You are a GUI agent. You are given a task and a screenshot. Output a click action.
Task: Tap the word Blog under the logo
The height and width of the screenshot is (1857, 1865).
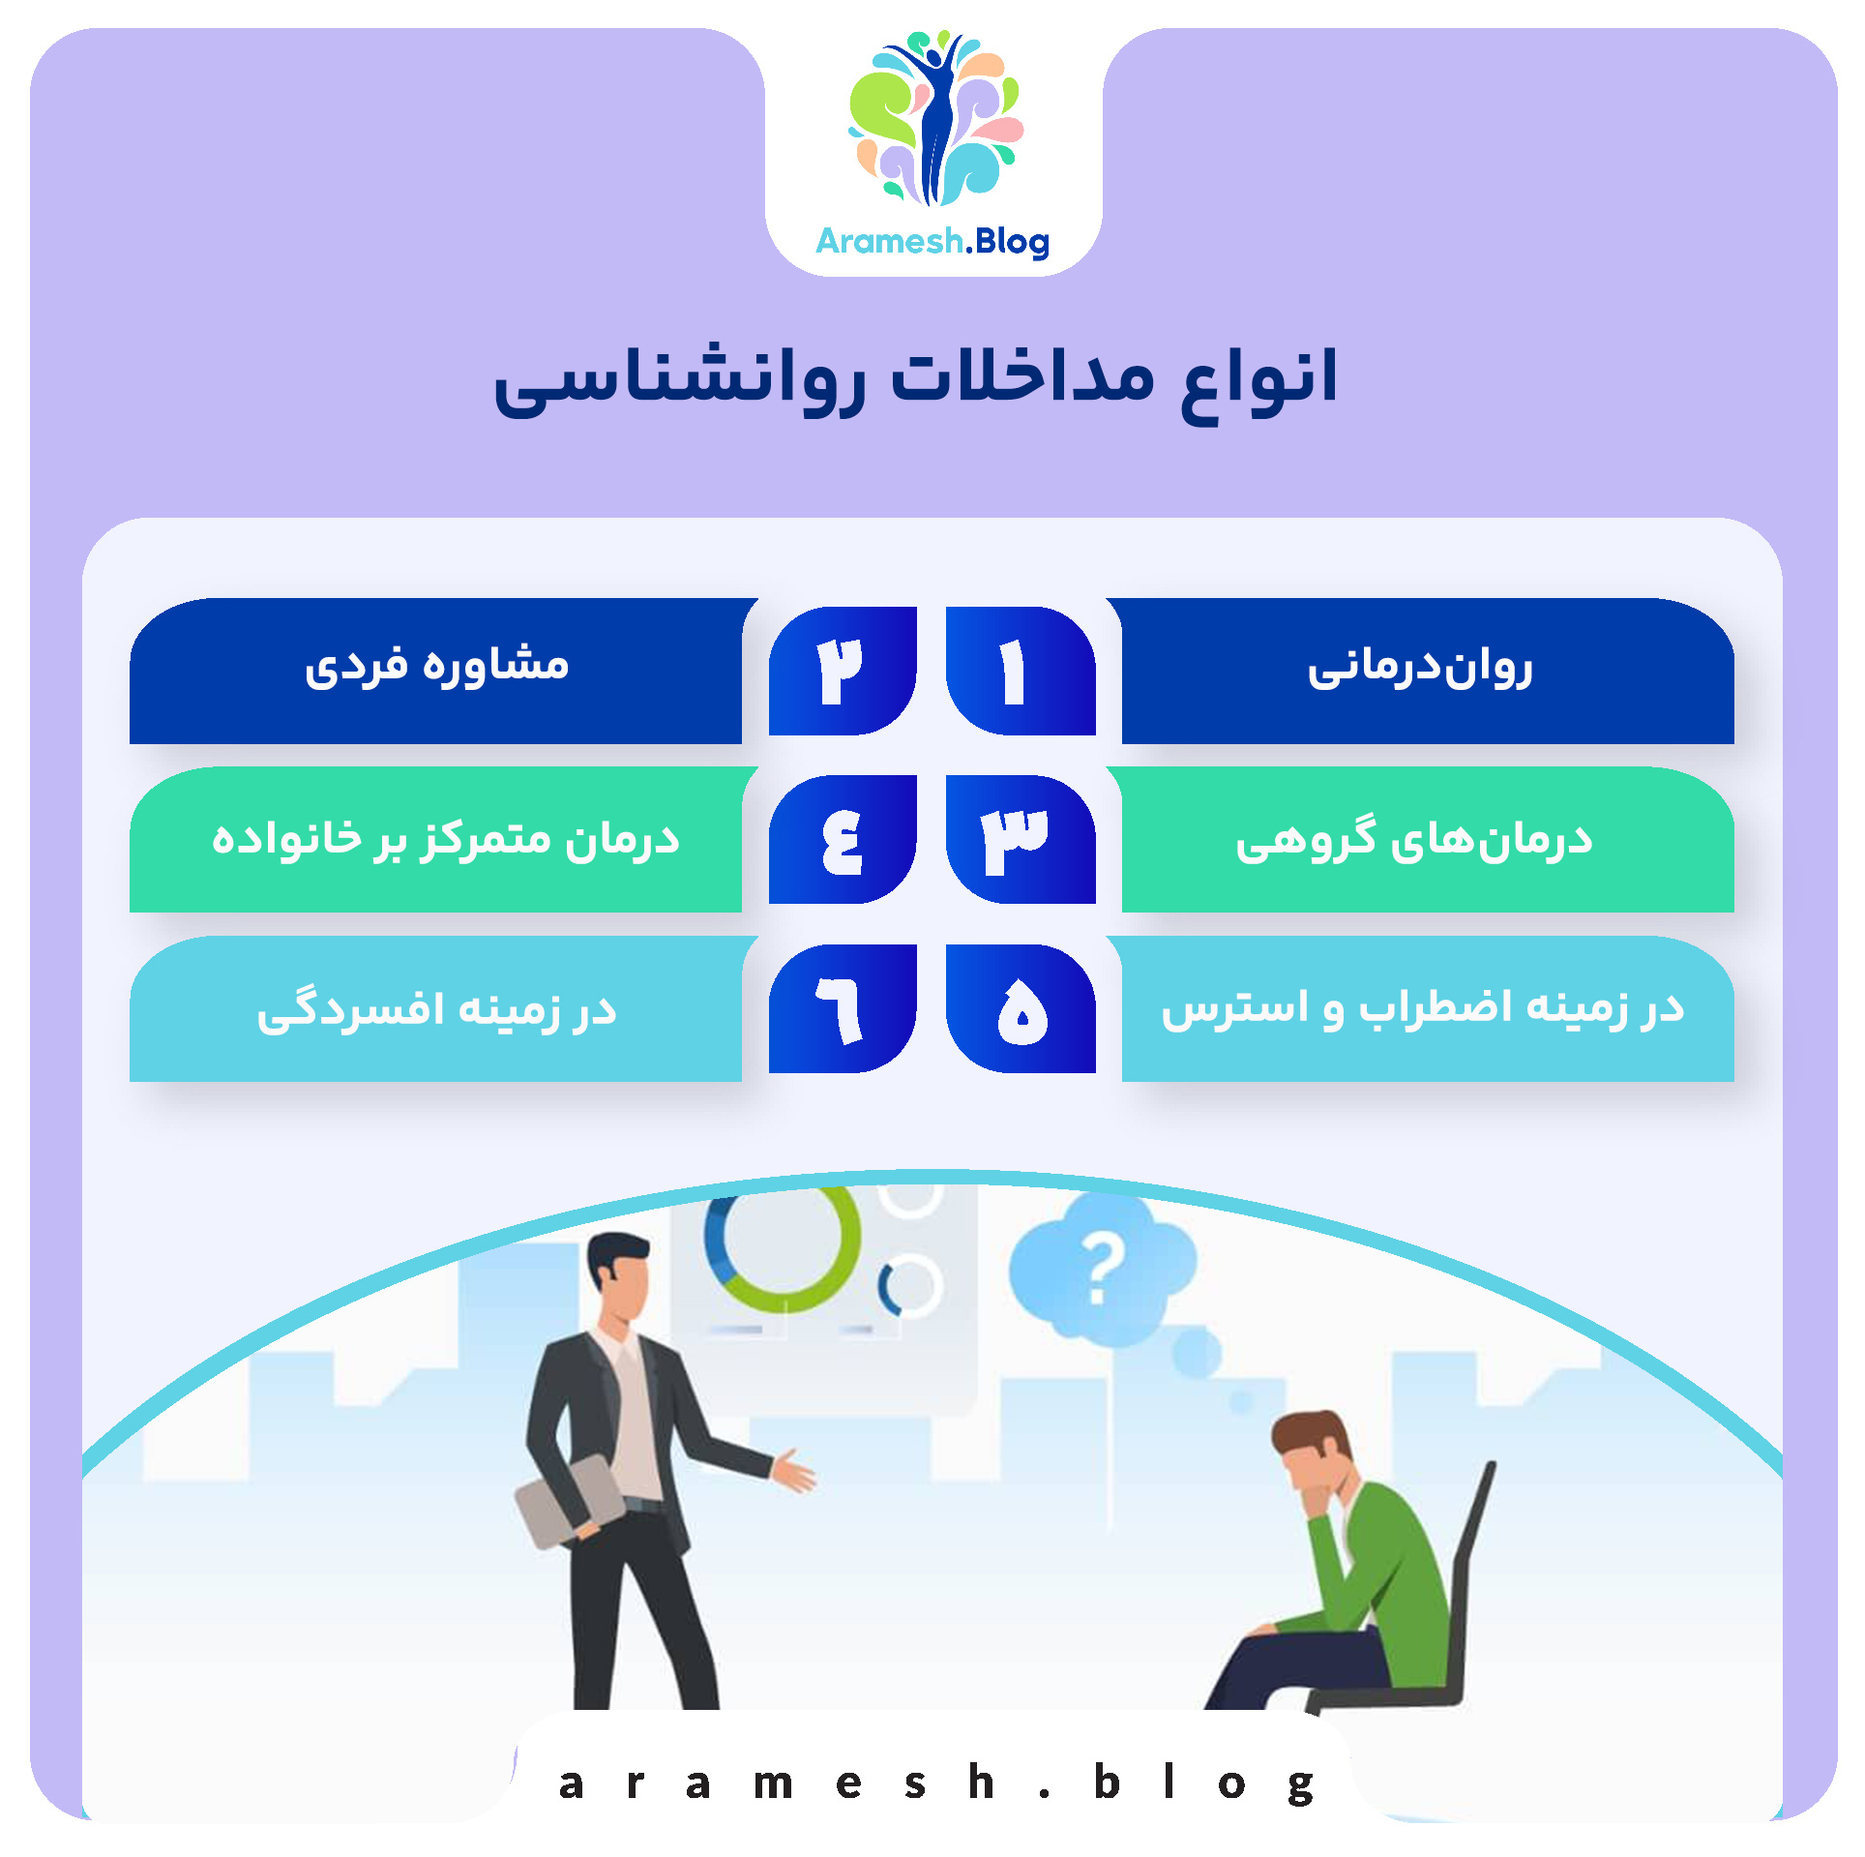[x=1012, y=242]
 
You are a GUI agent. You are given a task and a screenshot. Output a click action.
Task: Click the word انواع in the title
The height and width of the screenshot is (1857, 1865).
[x=1259, y=379]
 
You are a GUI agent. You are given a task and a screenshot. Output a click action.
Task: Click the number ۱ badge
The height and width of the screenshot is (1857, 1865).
[x=1019, y=671]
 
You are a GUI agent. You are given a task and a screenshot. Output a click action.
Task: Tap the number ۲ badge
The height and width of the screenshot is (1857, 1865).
[x=842, y=671]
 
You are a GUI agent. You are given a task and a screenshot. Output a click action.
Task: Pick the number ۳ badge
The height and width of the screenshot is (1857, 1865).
[x=1019, y=839]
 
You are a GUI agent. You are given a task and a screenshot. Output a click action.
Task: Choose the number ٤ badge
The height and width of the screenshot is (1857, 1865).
[x=842, y=839]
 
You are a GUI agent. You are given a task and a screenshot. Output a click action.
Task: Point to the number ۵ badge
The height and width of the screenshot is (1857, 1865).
[x=1021, y=1008]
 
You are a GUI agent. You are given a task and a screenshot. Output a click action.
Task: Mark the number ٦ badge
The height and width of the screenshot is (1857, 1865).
[x=842, y=1008]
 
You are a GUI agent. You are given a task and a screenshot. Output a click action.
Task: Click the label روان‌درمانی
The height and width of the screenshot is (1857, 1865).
[x=1420, y=669]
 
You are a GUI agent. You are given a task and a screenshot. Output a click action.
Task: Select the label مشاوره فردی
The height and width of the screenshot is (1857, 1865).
[x=437, y=667]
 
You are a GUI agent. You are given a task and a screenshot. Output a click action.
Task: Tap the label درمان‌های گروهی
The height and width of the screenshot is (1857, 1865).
[x=1414, y=839]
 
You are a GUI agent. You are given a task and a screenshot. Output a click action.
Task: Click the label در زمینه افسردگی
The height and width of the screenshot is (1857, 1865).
[x=437, y=1010]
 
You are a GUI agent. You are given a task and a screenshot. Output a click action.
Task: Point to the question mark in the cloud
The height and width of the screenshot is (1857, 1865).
[x=1103, y=1267]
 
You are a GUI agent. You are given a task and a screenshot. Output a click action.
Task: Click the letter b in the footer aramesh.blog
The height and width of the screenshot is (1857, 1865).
[x=1107, y=1782]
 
